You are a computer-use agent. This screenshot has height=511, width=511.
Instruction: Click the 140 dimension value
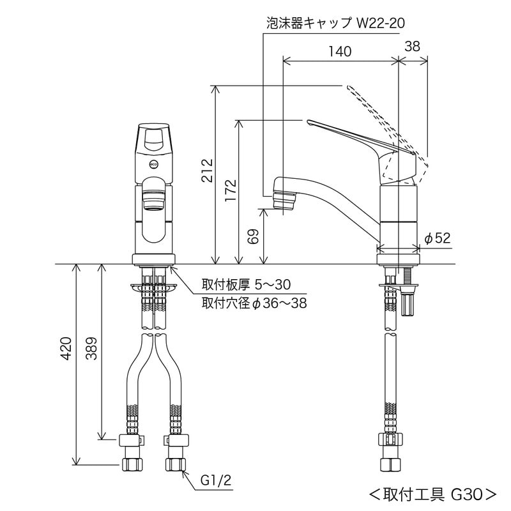tap(340, 52)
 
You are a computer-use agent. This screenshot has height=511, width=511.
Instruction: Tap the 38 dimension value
tap(413, 45)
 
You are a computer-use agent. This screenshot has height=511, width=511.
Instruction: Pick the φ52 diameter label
tap(438, 238)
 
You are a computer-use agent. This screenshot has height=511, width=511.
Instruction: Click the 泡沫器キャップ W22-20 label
tap(335, 24)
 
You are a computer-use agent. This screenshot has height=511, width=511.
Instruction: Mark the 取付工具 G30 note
tap(432, 494)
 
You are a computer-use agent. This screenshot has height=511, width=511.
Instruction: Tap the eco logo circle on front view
tap(153, 164)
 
